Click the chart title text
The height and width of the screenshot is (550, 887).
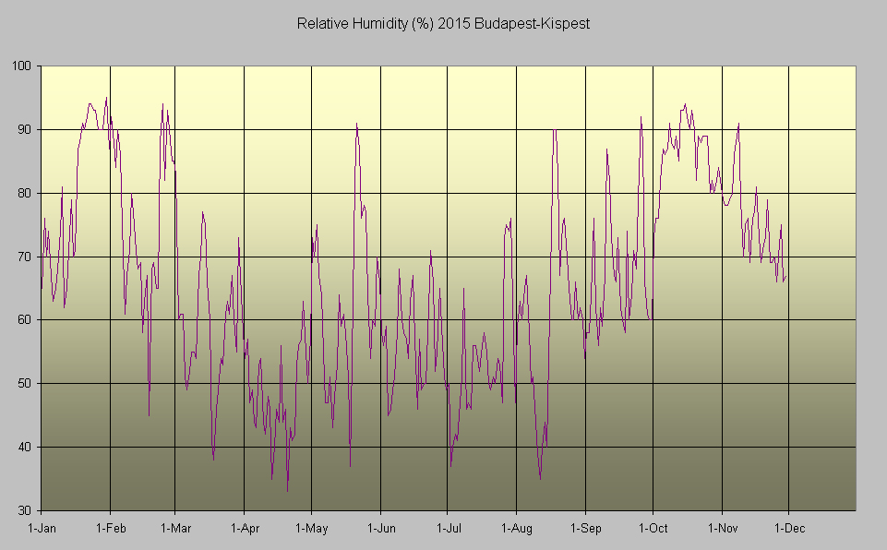coord(443,22)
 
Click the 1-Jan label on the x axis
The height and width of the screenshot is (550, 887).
coord(42,529)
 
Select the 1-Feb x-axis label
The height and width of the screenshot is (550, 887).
coord(110,529)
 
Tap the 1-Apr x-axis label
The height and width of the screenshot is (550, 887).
coord(244,529)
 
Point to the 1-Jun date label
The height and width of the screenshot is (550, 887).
coord(380,529)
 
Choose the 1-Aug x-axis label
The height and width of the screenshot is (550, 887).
coord(516,529)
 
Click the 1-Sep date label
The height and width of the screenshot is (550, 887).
coord(585,529)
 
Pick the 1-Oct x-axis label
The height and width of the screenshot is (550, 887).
coord(653,529)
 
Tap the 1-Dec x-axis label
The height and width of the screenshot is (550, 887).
coord(788,529)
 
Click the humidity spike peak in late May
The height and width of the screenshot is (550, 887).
coord(356,124)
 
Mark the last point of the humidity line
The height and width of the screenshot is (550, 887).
coord(786,276)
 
